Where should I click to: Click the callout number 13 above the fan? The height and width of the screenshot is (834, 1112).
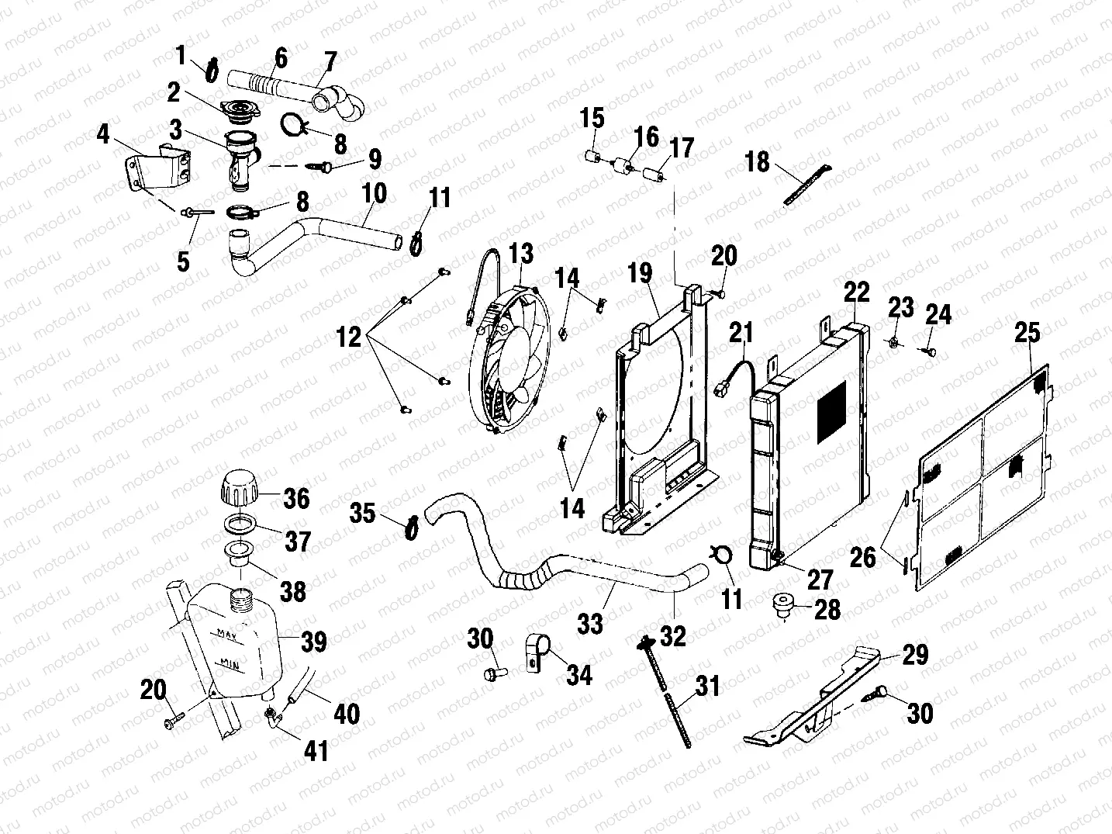point(521,253)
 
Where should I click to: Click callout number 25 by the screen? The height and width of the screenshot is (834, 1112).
point(1027,333)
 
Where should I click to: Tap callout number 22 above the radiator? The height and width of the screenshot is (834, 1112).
point(857,292)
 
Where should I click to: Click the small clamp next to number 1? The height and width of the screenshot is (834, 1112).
point(211,70)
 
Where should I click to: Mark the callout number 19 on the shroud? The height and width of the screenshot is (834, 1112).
point(640,274)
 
